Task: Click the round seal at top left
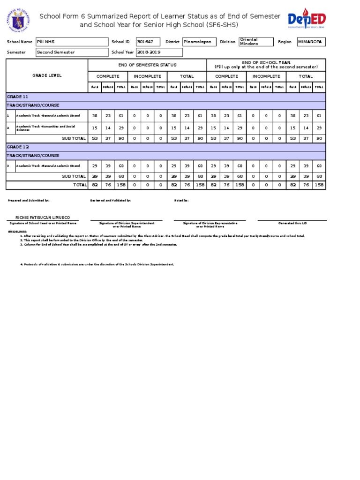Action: tap(19, 21)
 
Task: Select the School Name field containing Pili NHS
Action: tap(72, 42)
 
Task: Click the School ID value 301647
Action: tap(148, 42)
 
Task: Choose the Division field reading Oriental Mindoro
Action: tap(255, 42)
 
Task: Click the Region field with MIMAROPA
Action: tap(311, 42)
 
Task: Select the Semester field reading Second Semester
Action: tap(72, 52)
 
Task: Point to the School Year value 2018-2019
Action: tap(159, 52)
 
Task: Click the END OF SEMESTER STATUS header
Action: tap(147, 65)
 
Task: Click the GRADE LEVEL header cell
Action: tap(46, 75)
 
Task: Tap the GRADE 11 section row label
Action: tap(17, 96)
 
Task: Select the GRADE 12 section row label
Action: tap(17, 147)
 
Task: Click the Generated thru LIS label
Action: tap(292, 223)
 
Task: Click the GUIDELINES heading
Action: tap(17, 232)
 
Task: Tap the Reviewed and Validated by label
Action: tap(111, 200)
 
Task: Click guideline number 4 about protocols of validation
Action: tap(97, 264)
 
